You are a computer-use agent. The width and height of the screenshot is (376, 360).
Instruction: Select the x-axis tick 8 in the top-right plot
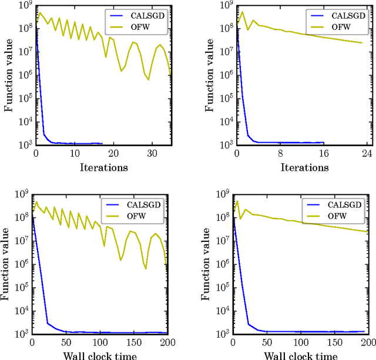coord(280,153)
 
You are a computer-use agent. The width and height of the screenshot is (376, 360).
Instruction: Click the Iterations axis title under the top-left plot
coord(103,167)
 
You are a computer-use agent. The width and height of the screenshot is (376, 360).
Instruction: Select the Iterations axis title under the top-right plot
coord(304,167)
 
